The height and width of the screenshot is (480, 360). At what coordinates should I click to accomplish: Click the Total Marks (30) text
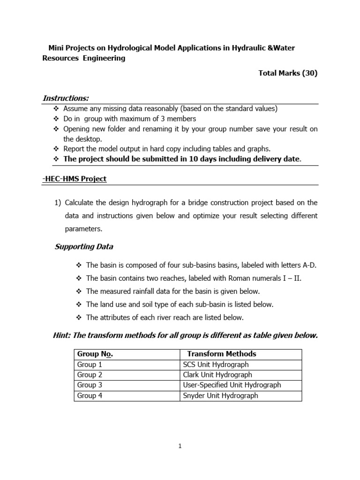[x=288, y=73]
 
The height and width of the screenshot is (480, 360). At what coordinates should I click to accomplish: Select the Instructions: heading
[x=66, y=98]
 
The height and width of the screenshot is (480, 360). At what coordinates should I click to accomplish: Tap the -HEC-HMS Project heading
[x=74, y=179]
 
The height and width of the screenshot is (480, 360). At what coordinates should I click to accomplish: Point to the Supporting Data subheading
[x=84, y=247]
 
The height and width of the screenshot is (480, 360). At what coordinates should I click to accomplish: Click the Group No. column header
[x=95, y=354]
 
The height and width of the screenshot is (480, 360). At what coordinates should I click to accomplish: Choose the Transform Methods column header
[x=221, y=354]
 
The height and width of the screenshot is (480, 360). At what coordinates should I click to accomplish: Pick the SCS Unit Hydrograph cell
[x=216, y=364]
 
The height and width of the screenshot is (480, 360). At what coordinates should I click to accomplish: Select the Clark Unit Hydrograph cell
[x=217, y=375]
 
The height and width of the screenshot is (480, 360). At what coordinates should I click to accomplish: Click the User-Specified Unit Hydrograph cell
[x=232, y=385]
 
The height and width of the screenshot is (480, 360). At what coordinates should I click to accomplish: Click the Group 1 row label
[x=90, y=364]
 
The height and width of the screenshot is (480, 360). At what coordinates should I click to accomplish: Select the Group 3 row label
[x=90, y=385]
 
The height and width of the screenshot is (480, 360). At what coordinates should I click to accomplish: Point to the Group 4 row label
[x=90, y=396]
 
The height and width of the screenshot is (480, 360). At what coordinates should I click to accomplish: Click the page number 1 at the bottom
[x=180, y=446]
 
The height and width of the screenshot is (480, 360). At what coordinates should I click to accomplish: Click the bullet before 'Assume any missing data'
[x=56, y=109]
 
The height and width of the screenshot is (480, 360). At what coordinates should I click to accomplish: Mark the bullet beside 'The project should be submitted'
[x=56, y=159]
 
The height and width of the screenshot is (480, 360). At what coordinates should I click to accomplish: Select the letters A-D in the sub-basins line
[x=309, y=265]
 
